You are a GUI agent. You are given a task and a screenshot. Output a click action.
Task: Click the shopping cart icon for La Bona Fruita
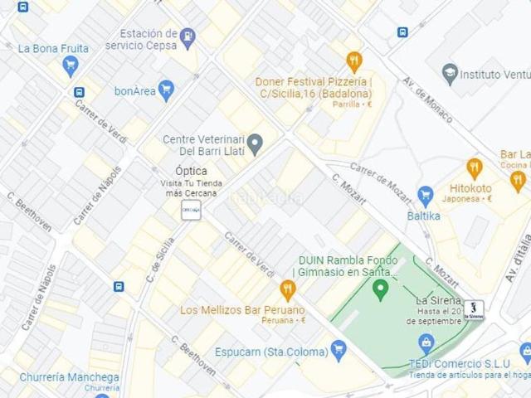(x=70, y=66)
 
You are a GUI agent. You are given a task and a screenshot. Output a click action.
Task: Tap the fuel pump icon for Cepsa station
(x=188, y=37)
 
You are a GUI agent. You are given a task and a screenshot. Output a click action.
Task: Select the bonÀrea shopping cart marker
(x=167, y=90)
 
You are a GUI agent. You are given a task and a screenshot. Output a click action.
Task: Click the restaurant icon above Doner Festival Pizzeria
(x=354, y=61)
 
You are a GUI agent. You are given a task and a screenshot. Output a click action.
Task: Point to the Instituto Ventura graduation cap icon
(x=451, y=74)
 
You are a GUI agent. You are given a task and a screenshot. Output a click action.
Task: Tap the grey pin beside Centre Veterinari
(x=256, y=144)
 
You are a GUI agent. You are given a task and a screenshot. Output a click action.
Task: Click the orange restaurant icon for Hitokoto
(x=474, y=168)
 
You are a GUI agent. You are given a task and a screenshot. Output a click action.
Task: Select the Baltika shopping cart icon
(x=426, y=196)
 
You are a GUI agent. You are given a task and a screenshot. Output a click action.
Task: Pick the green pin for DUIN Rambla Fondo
(x=381, y=289)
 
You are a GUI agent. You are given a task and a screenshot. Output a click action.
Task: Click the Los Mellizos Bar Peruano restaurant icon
(x=287, y=289)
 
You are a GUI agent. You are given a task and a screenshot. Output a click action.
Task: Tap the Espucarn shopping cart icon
(x=338, y=350)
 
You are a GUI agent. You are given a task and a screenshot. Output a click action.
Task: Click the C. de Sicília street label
(x=160, y=260)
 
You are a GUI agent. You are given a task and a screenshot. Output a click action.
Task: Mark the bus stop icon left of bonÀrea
(x=79, y=92)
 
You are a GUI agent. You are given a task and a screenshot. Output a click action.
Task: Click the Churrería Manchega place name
(x=69, y=377)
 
